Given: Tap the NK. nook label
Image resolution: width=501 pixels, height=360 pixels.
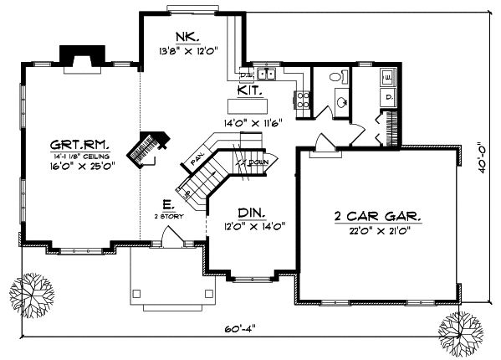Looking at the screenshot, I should click(x=187, y=37).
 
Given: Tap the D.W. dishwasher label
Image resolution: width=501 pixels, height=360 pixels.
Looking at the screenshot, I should click(x=248, y=75).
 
